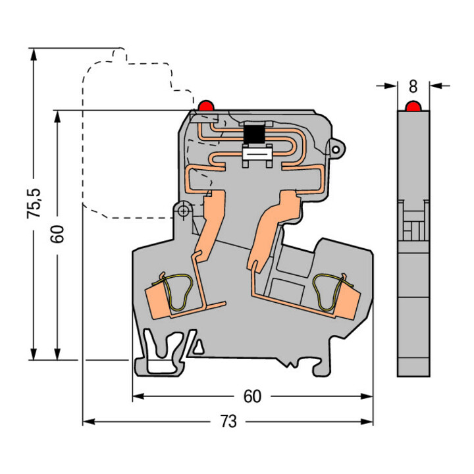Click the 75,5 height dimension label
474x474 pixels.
coord(34,203)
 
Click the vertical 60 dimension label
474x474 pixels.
coord(57,234)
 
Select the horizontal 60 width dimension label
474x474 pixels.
coord(252,396)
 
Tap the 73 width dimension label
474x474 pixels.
coord(228,421)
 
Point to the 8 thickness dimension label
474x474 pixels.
coord(413,86)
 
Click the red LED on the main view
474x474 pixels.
coord(206,105)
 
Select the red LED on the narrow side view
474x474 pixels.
coord(413,107)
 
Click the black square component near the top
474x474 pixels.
coord(254,134)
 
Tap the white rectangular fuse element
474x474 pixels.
coord(255,155)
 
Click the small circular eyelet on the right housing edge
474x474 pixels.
coord(336,149)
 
